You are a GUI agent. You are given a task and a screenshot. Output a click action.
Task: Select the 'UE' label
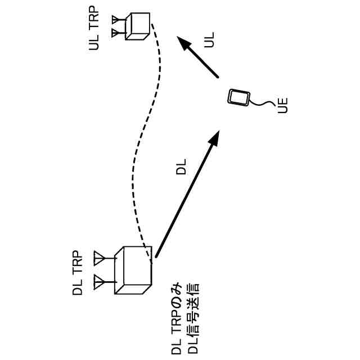(x=283, y=106)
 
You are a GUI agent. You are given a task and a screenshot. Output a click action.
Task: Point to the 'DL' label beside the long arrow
(x=181, y=167)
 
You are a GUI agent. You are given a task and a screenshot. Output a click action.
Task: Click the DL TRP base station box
(x=133, y=270)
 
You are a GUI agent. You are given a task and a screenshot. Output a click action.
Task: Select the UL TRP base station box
(x=137, y=26)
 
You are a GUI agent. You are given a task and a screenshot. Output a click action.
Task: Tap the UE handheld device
(x=239, y=97)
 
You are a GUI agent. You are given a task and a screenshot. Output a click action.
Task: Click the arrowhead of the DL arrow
(x=214, y=137)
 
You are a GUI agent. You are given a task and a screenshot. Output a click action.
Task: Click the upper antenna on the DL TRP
(x=100, y=258)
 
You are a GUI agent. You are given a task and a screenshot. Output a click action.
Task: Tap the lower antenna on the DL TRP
(x=100, y=280)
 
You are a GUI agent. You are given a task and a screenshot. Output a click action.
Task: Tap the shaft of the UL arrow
(x=202, y=62)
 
